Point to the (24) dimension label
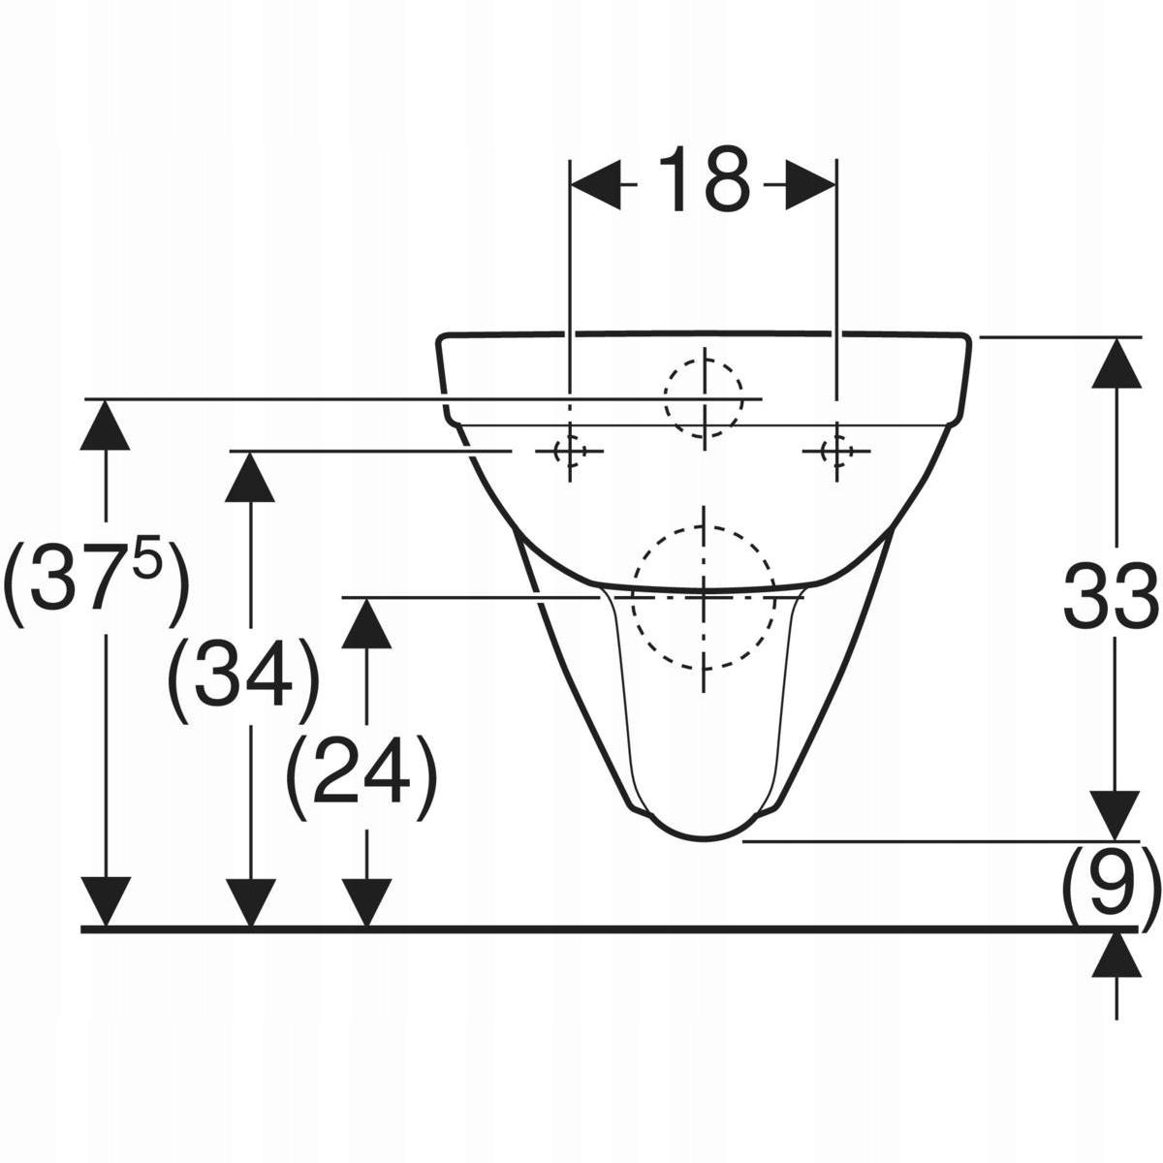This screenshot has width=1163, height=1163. click(361, 777)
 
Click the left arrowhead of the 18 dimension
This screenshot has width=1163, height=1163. click(595, 185)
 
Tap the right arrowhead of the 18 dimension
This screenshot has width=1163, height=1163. click(810, 185)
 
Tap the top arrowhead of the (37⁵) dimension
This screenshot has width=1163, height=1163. click(105, 424)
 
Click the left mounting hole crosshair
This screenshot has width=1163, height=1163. click(569, 451)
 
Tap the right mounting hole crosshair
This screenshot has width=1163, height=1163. click(835, 451)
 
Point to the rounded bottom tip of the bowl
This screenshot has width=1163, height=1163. click(704, 837)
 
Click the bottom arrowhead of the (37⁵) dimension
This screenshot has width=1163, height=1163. click(105, 901)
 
